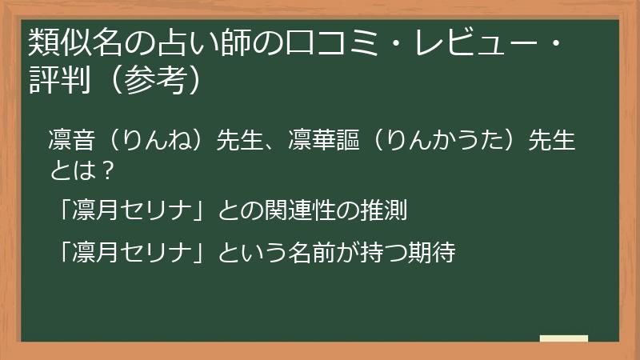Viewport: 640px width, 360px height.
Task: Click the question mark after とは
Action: pos(110,169)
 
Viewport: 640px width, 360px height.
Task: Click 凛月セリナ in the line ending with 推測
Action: pos(133,211)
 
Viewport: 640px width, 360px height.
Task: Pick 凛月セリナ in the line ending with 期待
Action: pos(133,253)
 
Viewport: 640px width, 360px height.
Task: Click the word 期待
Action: pos(432,253)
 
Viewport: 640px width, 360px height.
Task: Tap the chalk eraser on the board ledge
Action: pos(563,338)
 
